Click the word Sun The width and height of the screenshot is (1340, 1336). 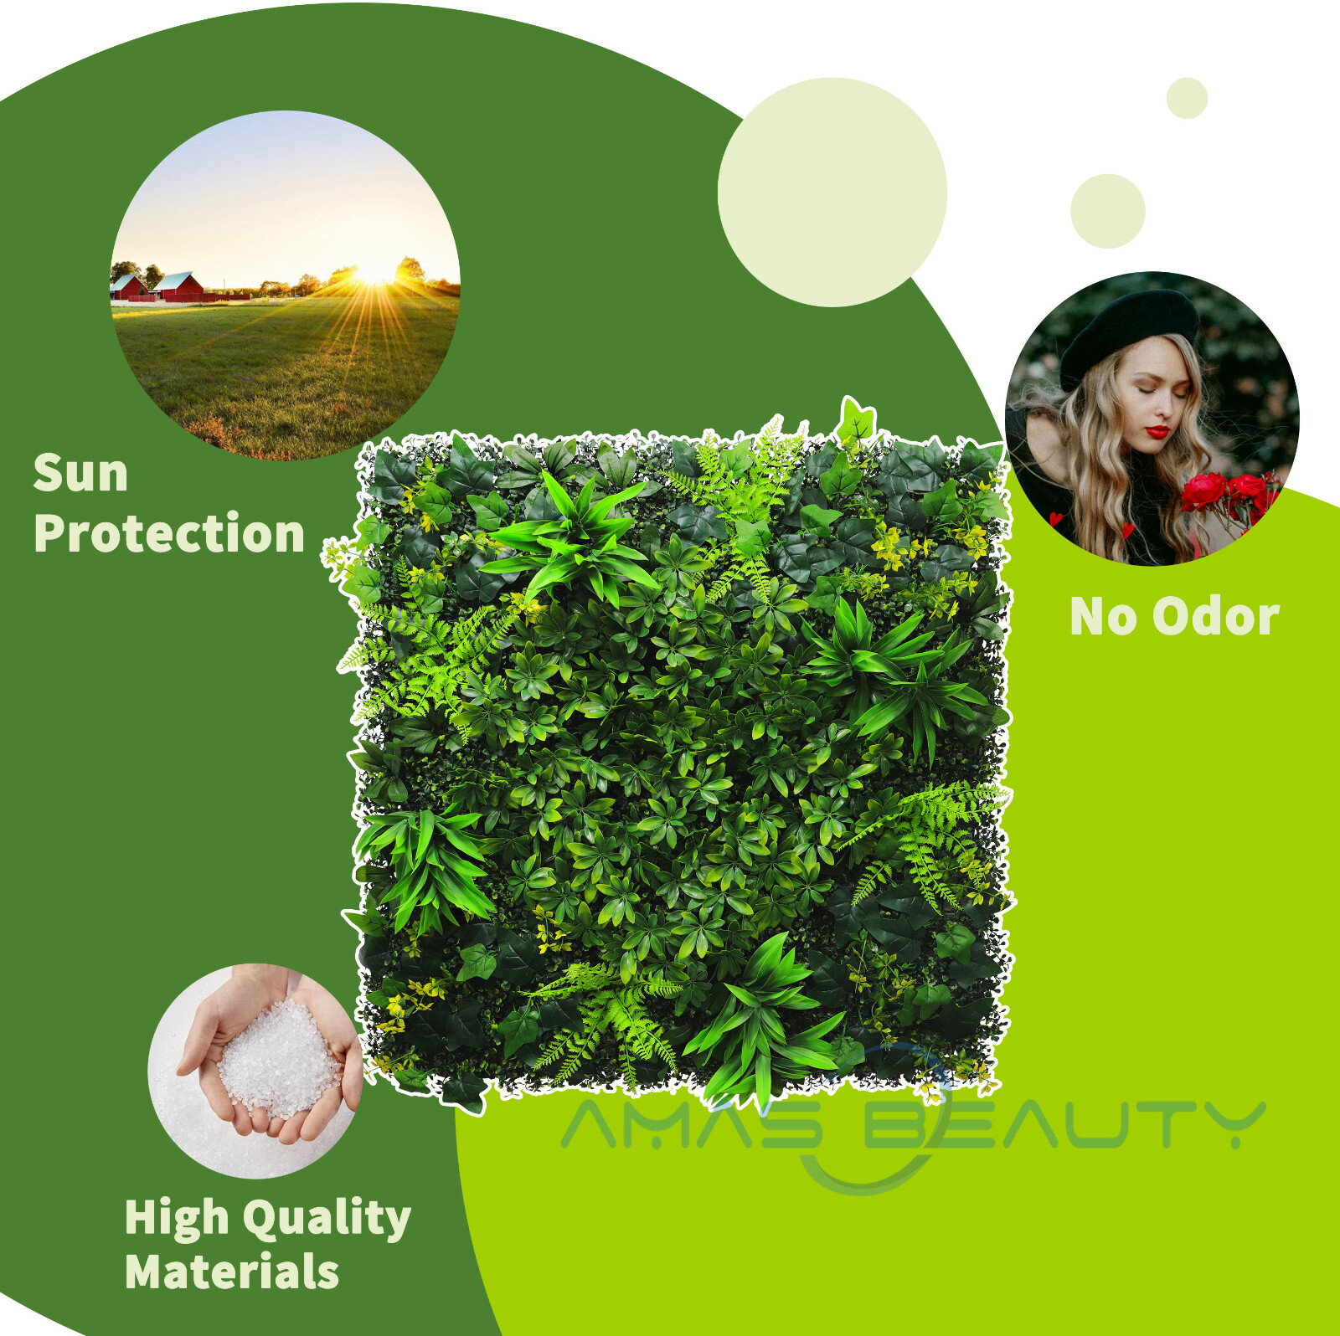tap(80, 473)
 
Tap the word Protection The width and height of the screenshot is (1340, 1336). tap(169, 532)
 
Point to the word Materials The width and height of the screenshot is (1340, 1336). tap(232, 1272)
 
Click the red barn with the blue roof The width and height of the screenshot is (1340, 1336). tap(178, 287)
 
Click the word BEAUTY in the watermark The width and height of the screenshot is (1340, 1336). tap(1064, 1124)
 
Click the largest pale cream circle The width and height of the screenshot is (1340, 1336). tap(832, 193)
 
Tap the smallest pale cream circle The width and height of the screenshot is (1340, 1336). tap(1187, 98)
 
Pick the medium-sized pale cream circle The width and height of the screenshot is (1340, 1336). tap(1107, 211)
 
